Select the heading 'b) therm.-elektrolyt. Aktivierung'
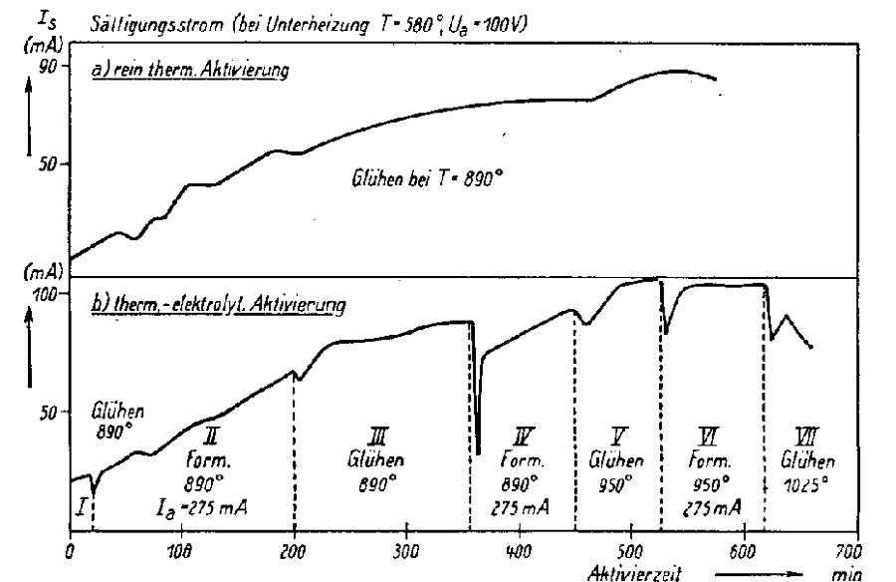tap(218, 305)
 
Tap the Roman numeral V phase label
tap(616, 438)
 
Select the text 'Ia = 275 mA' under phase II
tap(199, 509)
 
